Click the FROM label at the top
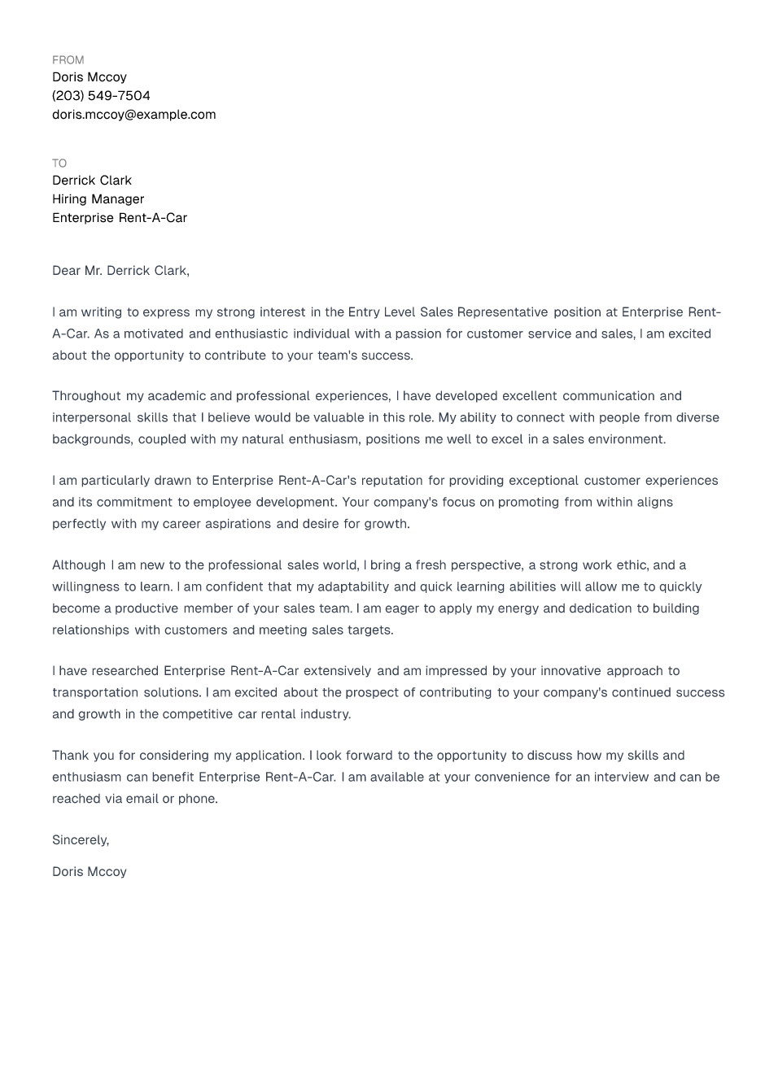tap(68, 60)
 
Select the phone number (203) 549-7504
tap(101, 96)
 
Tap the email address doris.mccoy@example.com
tap(133, 115)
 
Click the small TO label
tap(59, 163)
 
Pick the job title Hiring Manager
tap(98, 199)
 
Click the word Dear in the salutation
tap(66, 271)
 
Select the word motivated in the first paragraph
tap(154, 334)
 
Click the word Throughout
tap(86, 396)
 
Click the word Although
tap(79, 565)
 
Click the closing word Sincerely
tap(79, 840)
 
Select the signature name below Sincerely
tap(90, 872)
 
